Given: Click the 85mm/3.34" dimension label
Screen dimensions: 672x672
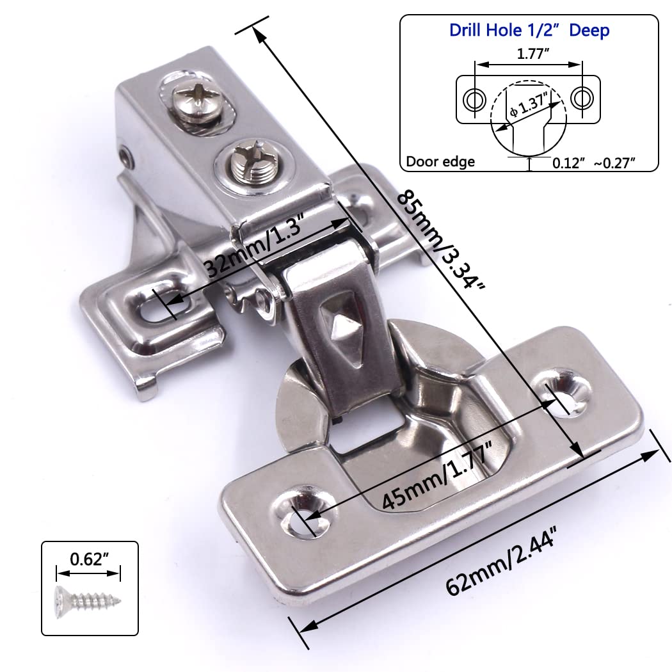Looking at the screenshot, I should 441,240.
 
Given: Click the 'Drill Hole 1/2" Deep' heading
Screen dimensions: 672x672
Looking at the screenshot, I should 529,30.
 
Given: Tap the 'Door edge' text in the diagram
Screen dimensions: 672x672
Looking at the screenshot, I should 441,162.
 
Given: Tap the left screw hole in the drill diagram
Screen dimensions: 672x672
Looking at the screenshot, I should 474,99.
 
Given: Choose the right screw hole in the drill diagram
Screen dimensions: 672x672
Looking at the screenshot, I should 580,99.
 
